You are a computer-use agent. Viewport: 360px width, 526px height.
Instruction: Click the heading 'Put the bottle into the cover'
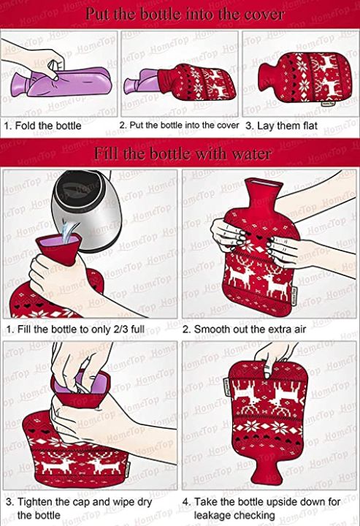tap(185, 15)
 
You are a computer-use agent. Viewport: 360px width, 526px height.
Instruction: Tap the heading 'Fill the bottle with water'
tap(183, 154)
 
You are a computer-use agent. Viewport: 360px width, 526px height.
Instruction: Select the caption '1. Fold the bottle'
tap(43, 126)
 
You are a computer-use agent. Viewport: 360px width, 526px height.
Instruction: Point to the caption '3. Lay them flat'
tap(281, 126)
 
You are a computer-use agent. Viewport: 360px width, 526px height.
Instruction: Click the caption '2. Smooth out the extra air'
tap(244, 329)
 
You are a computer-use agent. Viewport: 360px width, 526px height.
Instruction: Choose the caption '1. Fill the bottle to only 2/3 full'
tap(75, 329)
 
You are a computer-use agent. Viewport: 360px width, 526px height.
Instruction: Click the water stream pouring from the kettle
tap(69, 232)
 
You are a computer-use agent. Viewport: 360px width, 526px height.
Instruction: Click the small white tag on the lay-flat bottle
tap(328, 104)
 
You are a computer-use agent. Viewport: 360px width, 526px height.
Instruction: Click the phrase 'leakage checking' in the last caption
tap(234, 515)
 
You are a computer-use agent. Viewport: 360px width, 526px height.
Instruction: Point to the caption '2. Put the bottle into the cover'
tap(179, 126)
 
